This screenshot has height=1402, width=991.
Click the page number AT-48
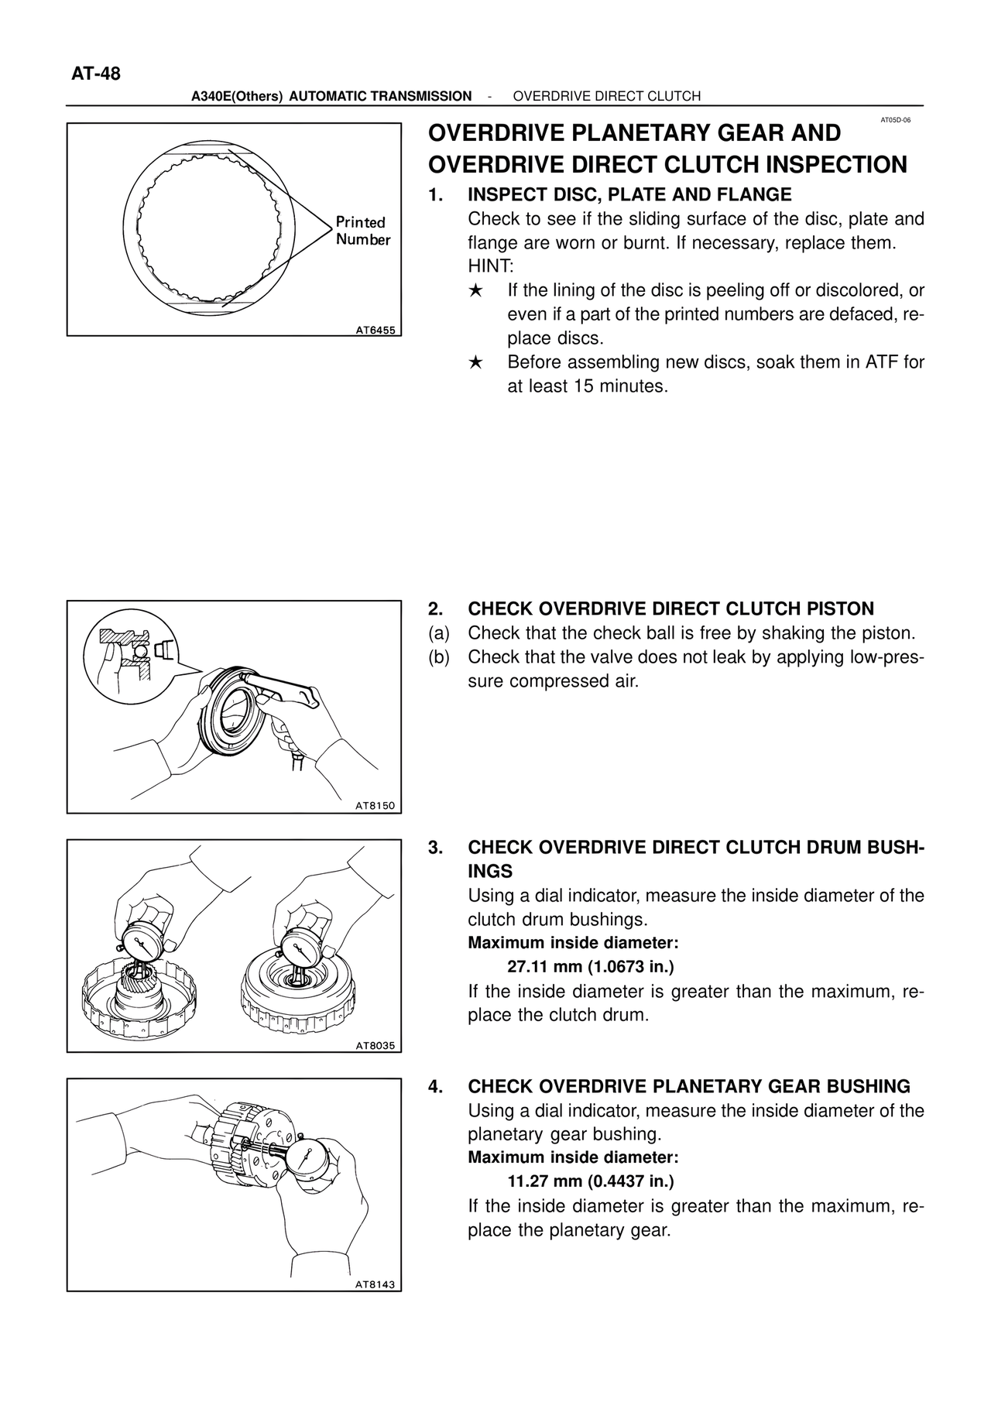[x=96, y=74]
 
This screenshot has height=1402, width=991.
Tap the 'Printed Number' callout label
[x=362, y=231]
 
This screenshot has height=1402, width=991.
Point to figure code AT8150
[x=375, y=806]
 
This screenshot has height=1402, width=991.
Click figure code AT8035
[x=375, y=1046]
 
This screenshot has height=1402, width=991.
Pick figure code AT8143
[x=375, y=1284]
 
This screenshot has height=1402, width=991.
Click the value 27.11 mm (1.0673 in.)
[x=591, y=967]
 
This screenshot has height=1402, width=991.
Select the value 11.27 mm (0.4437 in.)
[x=591, y=1181]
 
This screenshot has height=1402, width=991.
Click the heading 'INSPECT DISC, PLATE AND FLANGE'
[x=629, y=194]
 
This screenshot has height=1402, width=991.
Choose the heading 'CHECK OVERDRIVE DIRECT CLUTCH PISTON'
[x=670, y=609]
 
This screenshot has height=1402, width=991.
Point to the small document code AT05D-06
[x=896, y=121]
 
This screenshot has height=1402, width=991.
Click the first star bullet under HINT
[x=476, y=291]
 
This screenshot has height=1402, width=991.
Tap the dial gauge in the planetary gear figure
[x=310, y=1160]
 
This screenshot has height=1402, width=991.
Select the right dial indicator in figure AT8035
[x=302, y=948]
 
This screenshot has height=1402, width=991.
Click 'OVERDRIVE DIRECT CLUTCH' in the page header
[x=607, y=96]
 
